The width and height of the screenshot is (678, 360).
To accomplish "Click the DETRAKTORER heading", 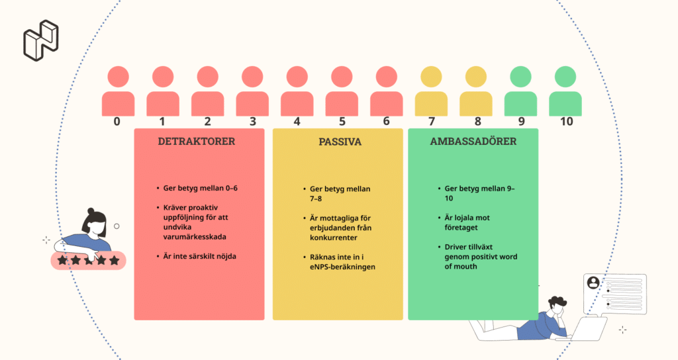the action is coord(197,142).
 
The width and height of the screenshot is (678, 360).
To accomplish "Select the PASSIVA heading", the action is coord(340,142).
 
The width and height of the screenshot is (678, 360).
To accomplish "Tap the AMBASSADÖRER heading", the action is coord(473,141).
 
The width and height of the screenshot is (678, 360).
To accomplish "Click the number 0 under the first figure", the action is coord(117,122).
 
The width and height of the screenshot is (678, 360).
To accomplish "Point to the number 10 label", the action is coord(566,122).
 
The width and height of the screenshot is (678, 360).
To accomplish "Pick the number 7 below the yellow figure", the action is coord(432,122).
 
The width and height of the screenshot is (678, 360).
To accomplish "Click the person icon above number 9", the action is coord(520,91).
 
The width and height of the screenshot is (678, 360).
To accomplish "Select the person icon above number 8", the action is coord(475,91).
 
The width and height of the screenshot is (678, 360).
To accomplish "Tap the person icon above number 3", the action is coord(252,91).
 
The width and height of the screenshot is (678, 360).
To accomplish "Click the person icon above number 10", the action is coord(565,91).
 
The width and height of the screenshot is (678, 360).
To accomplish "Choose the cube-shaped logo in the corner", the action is coord(41,40).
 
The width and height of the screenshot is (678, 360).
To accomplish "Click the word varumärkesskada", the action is coord(195,237).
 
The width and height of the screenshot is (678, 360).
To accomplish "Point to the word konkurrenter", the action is coord(334,238).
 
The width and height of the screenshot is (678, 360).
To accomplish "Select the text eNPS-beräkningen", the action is coord(342,267).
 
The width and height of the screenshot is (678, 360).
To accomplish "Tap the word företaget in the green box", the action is coord(461,228).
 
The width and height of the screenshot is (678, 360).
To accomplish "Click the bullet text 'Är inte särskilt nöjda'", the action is coord(199,256).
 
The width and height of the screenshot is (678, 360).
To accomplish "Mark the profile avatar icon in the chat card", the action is coord(594,283).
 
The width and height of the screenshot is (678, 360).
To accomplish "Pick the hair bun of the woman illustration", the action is coord(91,211).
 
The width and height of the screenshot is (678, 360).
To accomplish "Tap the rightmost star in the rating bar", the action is coord(114,260).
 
